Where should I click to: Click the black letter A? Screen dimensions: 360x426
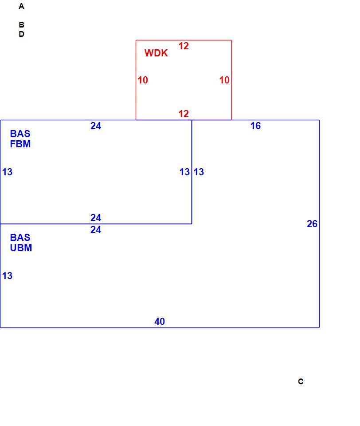click(x=21, y=6)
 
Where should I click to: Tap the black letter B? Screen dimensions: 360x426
click(x=21, y=25)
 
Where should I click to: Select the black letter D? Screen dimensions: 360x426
click(x=21, y=34)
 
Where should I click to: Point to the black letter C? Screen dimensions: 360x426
click(x=301, y=382)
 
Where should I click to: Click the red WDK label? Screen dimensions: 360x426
click(x=156, y=53)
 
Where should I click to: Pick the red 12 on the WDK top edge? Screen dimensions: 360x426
click(x=184, y=46)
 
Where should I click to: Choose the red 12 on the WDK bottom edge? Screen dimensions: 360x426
click(x=184, y=114)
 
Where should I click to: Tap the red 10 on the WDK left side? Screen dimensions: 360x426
click(x=143, y=80)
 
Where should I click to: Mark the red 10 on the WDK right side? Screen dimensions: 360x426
click(x=224, y=80)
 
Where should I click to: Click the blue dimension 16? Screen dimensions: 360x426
click(x=255, y=126)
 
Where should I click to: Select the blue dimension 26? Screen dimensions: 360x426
click(x=312, y=224)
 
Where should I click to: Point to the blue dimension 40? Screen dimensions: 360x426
click(x=159, y=321)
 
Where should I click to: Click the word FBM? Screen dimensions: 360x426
click(x=20, y=144)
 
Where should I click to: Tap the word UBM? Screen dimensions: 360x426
click(x=21, y=248)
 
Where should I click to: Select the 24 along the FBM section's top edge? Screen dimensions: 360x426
click(x=96, y=126)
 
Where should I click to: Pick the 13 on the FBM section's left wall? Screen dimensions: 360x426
click(x=8, y=172)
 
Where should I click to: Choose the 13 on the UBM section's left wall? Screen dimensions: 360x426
click(x=8, y=276)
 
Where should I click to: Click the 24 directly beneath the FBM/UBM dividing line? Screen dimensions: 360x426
click(x=96, y=230)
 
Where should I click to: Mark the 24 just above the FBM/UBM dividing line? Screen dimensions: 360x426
click(x=96, y=217)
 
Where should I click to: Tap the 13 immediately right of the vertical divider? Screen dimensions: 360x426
click(x=199, y=172)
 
